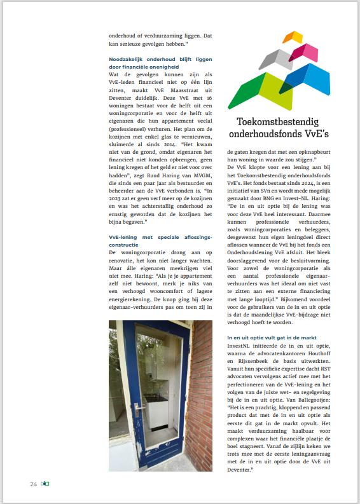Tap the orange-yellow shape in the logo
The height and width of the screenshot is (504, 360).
pos(293,37)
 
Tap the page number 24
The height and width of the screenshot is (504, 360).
pos(33,484)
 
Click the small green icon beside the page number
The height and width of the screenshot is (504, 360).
pos(45,484)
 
